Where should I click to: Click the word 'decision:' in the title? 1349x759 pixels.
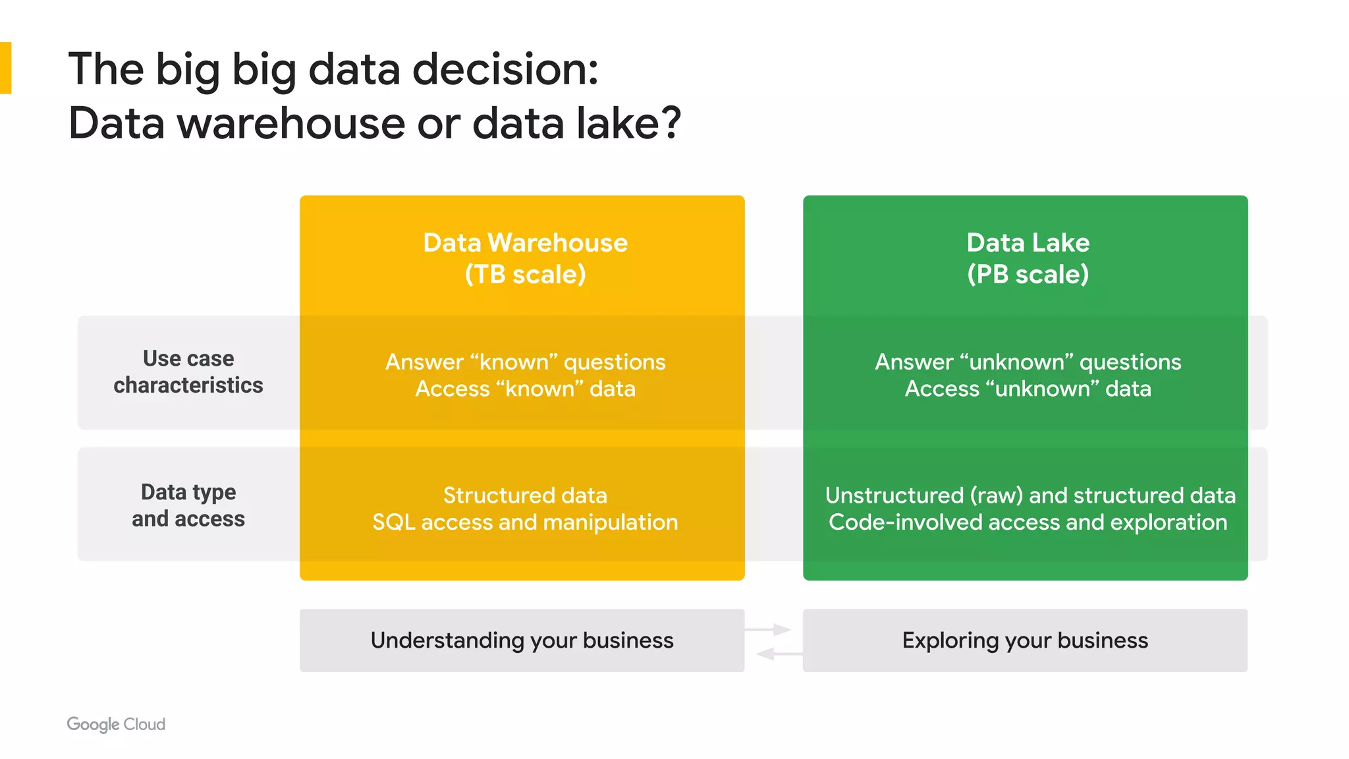click(x=505, y=69)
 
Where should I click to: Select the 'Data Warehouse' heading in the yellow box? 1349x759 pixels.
click(x=525, y=242)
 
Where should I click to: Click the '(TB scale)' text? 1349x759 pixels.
click(x=525, y=274)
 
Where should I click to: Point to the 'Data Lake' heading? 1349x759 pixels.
click(x=1028, y=242)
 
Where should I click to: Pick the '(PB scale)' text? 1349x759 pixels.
click(x=1028, y=274)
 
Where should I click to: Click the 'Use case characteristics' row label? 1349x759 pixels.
click(x=188, y=372)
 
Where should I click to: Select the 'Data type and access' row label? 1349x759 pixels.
click(x=188, y=505)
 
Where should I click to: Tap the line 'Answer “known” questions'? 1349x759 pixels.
click(x=525, y=362)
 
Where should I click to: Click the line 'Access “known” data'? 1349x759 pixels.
click(x=525, y=389)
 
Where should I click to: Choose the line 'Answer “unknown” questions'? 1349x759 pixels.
click(x=1028, y=362)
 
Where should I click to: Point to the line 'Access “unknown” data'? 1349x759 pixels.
click(x=1028, y=389)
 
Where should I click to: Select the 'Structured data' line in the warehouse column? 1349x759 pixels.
click(x=525, y=495)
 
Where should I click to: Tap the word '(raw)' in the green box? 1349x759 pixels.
click(x=997, y=495)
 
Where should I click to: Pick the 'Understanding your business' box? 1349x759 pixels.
click(x=522, y=640)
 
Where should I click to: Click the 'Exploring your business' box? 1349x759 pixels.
click(x=1025, y=640)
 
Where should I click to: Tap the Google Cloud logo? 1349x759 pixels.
click(x=116, y=724)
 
